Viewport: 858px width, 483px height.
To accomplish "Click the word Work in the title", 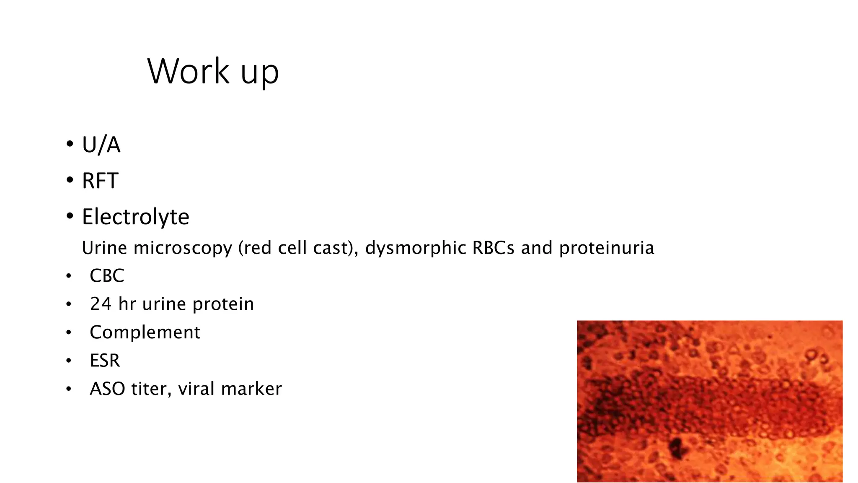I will coord(188,71).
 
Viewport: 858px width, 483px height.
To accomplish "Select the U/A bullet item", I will coord(101,145).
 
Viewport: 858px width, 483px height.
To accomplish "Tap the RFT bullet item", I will coord(100,181).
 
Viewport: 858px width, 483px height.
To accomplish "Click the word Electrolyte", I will coord(135,217).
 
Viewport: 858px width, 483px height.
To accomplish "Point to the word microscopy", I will coord(183,248).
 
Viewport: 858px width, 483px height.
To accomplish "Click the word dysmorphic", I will coord(416,248).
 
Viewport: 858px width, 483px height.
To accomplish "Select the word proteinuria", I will coord(606,248).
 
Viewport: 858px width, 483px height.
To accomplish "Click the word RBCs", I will coord(493,248).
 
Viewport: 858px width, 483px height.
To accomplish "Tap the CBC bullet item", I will coord(107,276).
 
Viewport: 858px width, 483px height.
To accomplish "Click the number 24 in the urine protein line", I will coord(101,304).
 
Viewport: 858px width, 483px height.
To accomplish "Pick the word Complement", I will coord(145,332).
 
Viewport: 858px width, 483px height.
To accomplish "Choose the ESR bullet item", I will coord(105,361).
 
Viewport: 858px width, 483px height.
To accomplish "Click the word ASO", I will coord(107,389).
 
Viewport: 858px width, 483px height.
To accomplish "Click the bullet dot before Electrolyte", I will coord(70,217).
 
